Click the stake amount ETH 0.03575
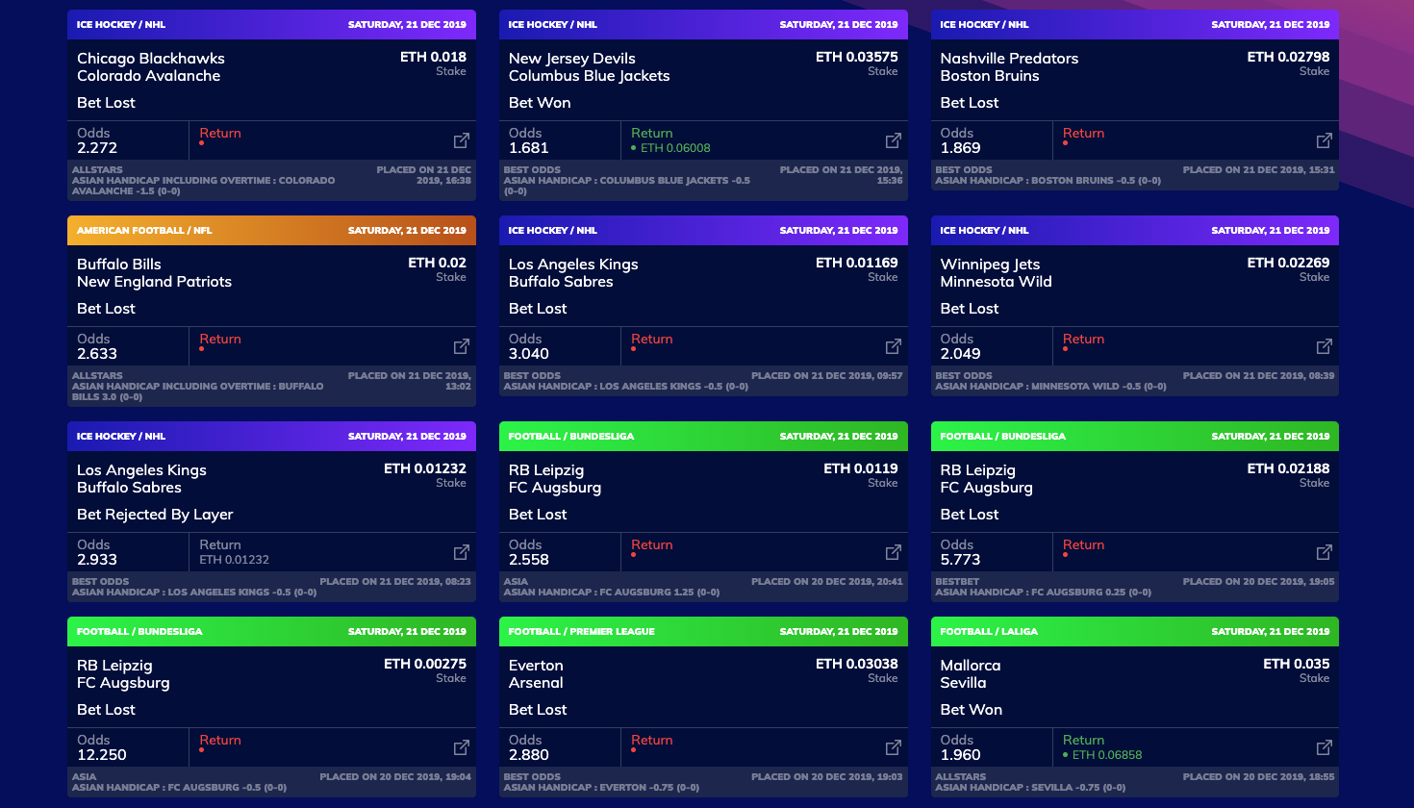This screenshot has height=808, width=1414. tap(856, 58)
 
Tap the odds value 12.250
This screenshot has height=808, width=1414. tap(102, 755)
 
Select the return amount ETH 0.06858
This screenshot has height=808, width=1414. tap(1107, 755)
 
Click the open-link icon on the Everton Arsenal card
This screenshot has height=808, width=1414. tap(893, 747)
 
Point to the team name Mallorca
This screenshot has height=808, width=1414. tap(971, 666)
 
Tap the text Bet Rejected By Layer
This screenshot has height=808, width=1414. tap(155, 515)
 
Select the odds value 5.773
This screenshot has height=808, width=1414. tap(960, 560)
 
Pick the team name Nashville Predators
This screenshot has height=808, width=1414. tap(1009, 59)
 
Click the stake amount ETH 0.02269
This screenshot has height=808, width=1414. tap(1288, 263)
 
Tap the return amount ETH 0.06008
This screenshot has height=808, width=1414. tap(675, 148)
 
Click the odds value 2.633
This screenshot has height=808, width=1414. tap(97, 354)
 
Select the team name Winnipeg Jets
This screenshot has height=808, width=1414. tap(990, 265)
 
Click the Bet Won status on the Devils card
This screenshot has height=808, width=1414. tap(540, 103)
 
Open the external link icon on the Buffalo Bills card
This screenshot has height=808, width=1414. tap(462, 346)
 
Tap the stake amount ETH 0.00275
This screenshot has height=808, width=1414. tap(424, 664)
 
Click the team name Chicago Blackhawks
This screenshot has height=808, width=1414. tap(151, 59)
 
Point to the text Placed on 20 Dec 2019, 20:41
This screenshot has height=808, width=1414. tap(826, 581)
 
